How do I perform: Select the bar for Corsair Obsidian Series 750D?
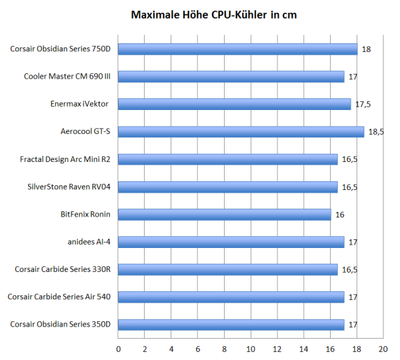point(238,49)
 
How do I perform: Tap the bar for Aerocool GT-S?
point(241,131)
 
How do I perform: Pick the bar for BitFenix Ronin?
point(225,214)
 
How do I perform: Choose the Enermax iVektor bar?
point(235,104)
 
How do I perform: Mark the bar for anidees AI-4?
point(231,241)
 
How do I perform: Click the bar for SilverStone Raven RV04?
point(228,187)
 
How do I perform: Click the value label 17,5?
point(363,104)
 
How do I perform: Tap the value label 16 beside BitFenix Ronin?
point(339,214)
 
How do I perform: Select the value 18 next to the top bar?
point(366,49)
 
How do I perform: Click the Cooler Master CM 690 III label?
point(67,76)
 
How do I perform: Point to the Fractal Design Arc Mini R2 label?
point(65,159)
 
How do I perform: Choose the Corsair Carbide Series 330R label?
point(63,269)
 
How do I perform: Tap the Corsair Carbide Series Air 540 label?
point(59,297)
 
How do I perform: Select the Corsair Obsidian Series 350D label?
point(61,324)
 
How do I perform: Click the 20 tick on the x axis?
point(383,349)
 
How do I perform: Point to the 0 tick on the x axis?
point(119,349)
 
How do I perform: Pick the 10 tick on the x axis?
point(251,349)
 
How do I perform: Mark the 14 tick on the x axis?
point(303,349)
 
